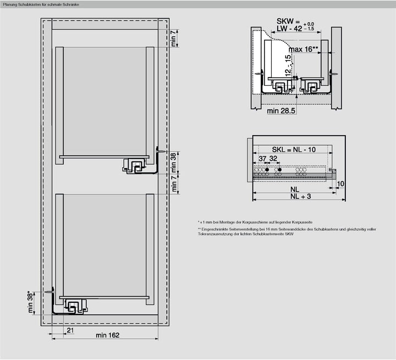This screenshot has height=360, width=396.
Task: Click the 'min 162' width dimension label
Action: click(x=108, y=335)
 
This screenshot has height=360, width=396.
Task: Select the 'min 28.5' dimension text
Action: click(x=282, y=111)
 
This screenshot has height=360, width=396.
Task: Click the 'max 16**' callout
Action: click(x=304, y=49)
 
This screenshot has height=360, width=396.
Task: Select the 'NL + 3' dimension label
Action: click(x=301, y=196)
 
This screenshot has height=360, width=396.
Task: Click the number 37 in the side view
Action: click(x=263, y=159)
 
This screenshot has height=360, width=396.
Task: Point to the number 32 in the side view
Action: click(x=273, y=159)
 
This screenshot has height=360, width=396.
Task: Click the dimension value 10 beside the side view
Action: click(x=340, y=184)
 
